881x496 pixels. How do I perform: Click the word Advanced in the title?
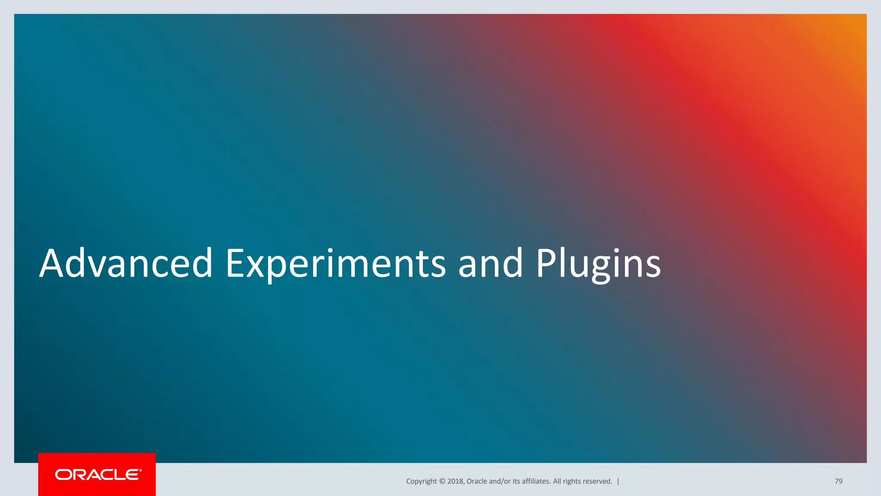pos(126,263)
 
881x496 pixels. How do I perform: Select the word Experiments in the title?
pos(336,263)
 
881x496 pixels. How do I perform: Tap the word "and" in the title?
pos(490,263)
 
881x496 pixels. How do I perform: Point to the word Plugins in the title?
pos(598,263)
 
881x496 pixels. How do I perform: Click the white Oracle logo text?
pos(98,474)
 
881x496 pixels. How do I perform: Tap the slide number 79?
pos(838,481)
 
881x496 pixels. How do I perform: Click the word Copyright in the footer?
pos(421,481)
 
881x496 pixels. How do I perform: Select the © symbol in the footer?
pos(442,481)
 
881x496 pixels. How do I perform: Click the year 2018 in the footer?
pos(455,481)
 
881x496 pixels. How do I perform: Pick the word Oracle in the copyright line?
pos(477,481)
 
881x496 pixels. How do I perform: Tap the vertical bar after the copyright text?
pos(618,481)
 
